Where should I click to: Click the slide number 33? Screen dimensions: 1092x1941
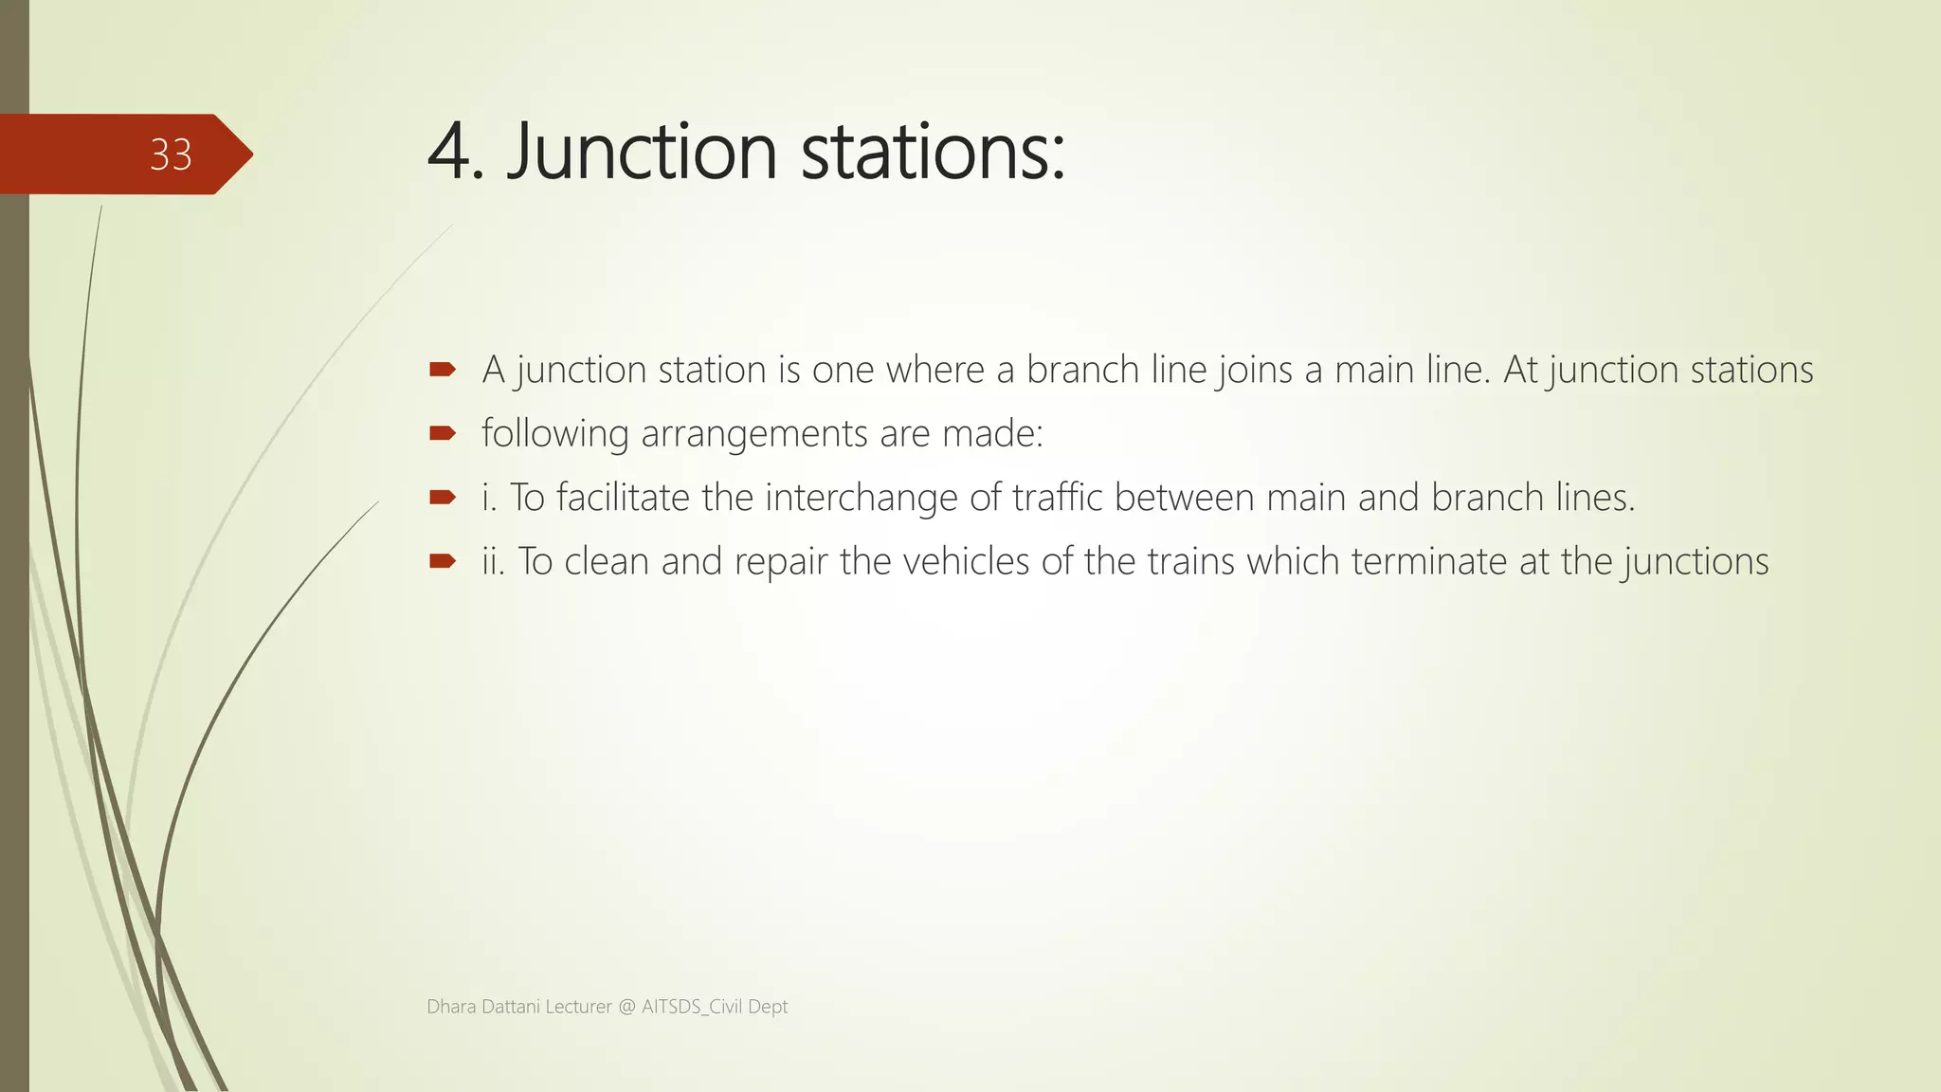coord(171,155)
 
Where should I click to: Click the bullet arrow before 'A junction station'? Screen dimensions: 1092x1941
coord(443,369)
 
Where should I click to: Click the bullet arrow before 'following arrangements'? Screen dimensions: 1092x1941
coord(443,433)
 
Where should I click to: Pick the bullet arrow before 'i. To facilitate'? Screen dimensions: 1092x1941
coord(443,497)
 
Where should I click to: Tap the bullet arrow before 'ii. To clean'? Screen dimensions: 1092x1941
coord(443,561)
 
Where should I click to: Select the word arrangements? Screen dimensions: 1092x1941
coord(753,433)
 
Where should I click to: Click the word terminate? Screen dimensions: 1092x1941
coord(1428,561)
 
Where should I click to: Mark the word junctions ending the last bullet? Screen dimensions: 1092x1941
coord(1696,561)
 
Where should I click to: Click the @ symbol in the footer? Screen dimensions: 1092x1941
coord(626,1007)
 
